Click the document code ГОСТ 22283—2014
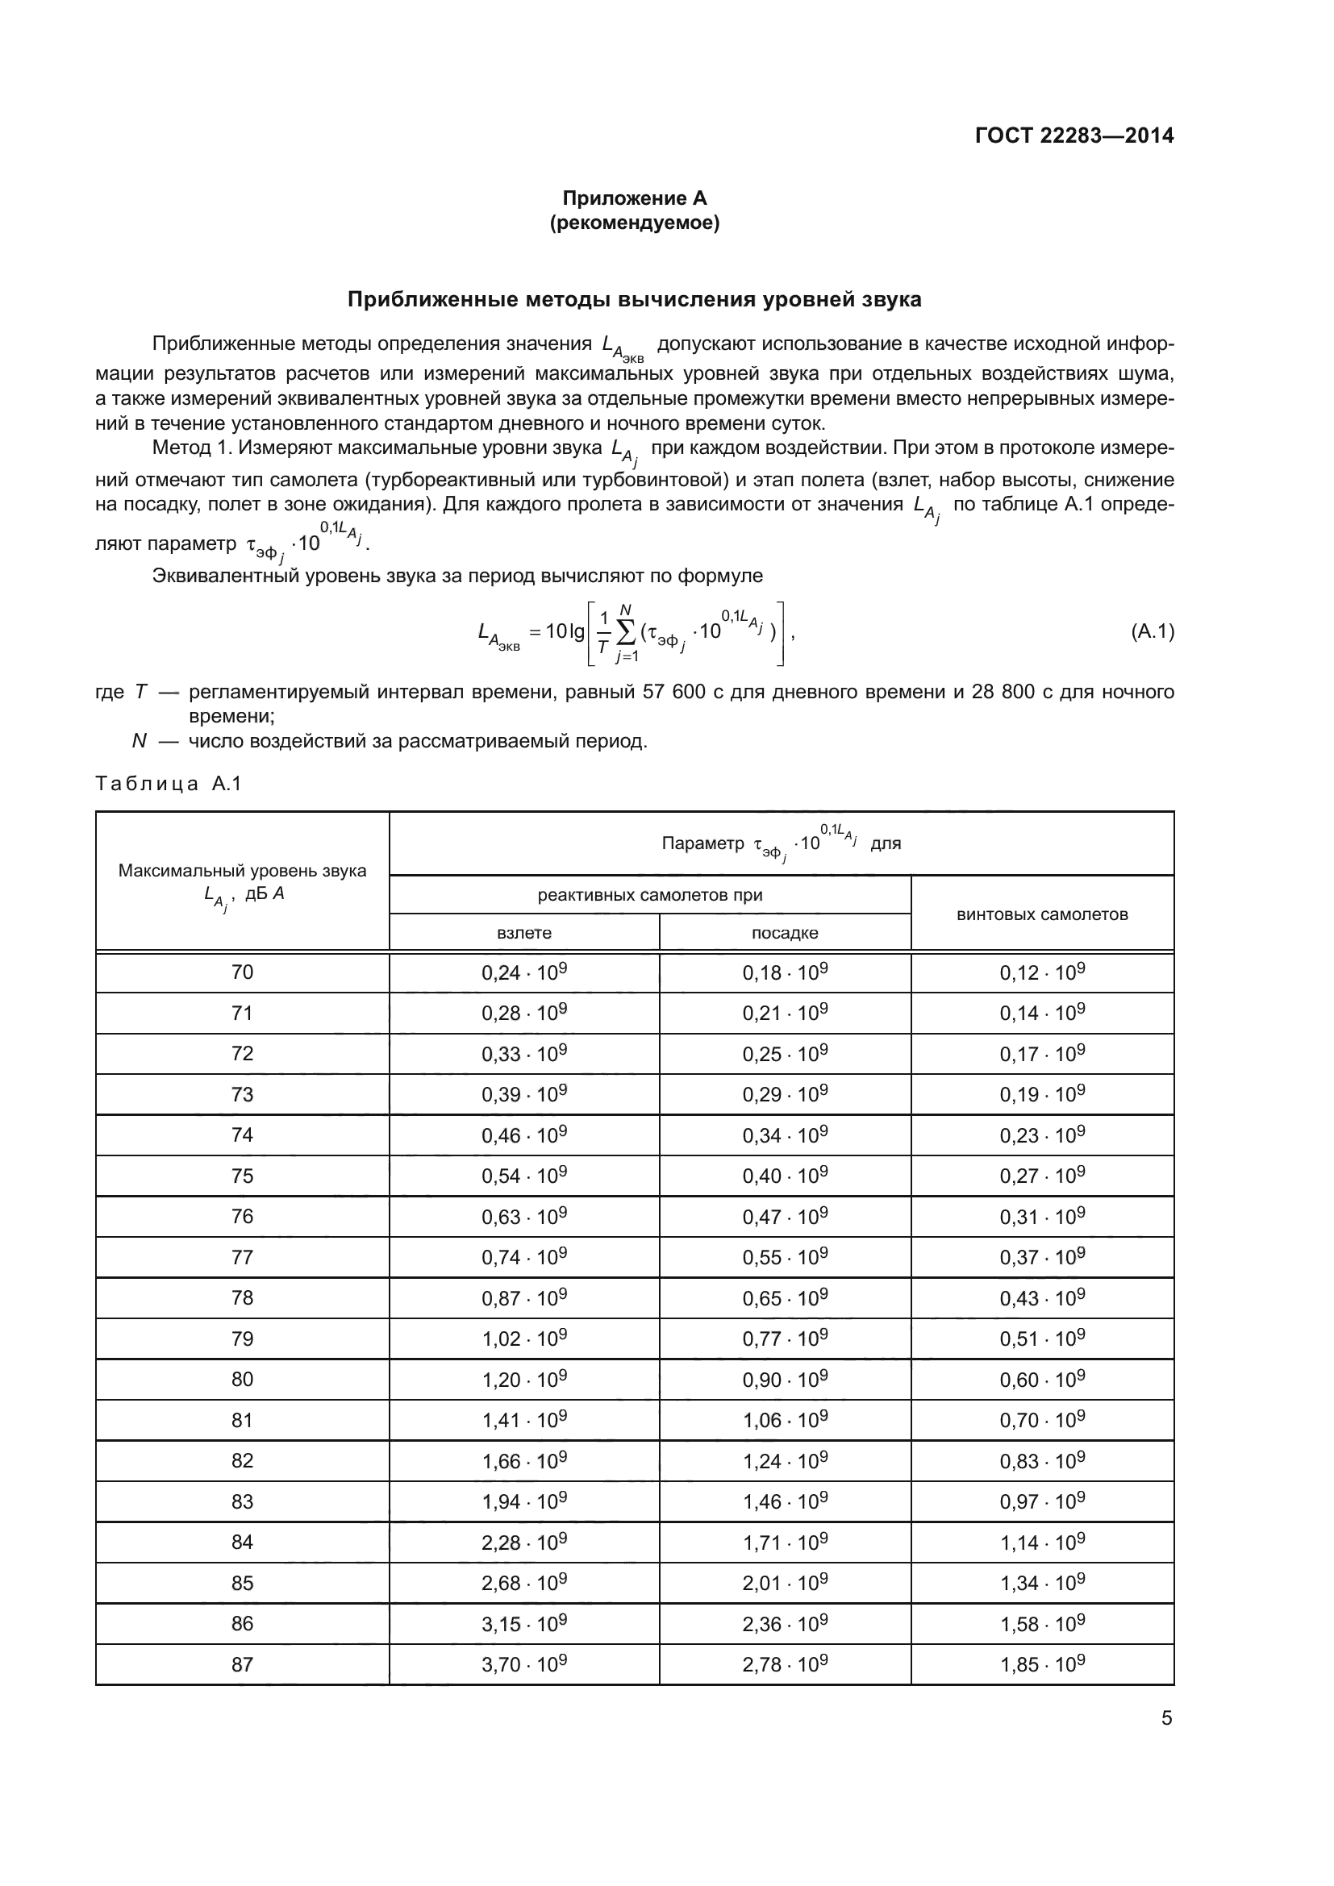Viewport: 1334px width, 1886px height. pos(1073,135)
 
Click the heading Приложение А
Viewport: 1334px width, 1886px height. pos(634,198)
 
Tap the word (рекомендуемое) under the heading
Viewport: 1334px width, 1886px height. pos(634,223)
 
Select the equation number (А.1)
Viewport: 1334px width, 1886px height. pos(1152,631)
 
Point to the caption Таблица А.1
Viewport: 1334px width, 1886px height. pos(169,784)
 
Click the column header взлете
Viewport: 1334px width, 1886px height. pos(524,933)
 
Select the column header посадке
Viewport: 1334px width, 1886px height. pos(785,933)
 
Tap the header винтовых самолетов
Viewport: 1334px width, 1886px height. pos(1041,914)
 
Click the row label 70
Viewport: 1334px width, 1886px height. pos(242,972)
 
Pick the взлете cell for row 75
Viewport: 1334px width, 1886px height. pos(524,1176)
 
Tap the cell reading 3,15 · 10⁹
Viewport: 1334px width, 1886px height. pos(524,1624)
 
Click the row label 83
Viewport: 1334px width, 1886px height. pos(242,1501)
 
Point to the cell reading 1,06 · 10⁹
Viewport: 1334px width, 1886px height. pos(785,1420)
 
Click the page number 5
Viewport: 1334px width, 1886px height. pos(1166,1718)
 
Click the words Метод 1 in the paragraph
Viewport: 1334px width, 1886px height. pos(188,448)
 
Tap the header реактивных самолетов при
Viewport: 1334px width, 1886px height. pos(650,895)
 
